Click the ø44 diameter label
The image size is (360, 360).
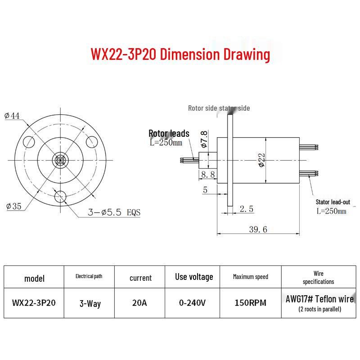(12, 116)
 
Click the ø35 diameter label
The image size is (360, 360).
(14, 206)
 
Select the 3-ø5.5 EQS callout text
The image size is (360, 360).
(114, 212)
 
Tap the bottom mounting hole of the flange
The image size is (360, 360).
(60, 197)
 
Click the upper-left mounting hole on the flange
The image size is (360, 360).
(29, 142)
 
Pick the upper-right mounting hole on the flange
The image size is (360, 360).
(92, 142)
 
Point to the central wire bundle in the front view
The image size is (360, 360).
(60, 160)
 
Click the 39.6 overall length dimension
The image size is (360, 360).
(258, 229)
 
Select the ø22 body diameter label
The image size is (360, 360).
(261, 160)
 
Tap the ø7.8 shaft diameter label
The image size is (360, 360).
(204, 139)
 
